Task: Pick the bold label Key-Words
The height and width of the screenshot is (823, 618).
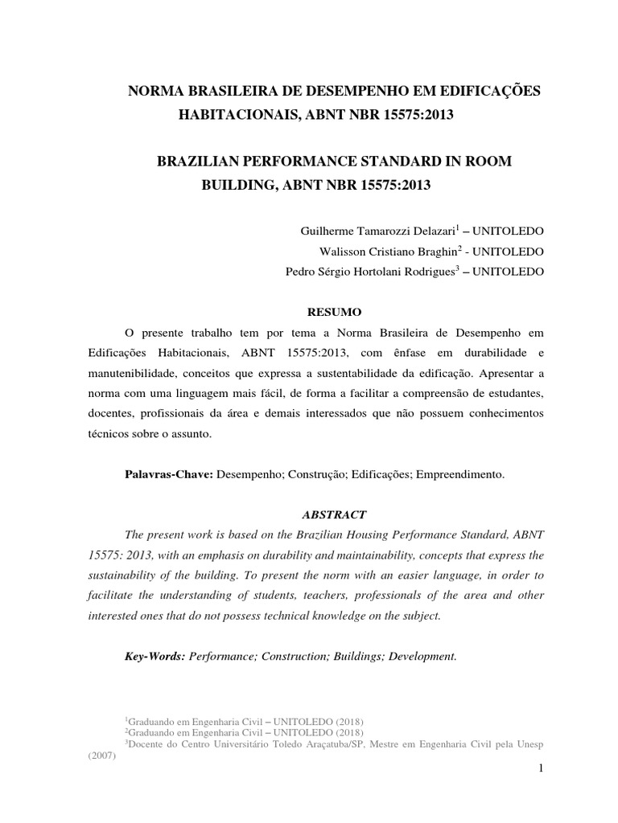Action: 154,656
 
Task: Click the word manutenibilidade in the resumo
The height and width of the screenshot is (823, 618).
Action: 129,373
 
